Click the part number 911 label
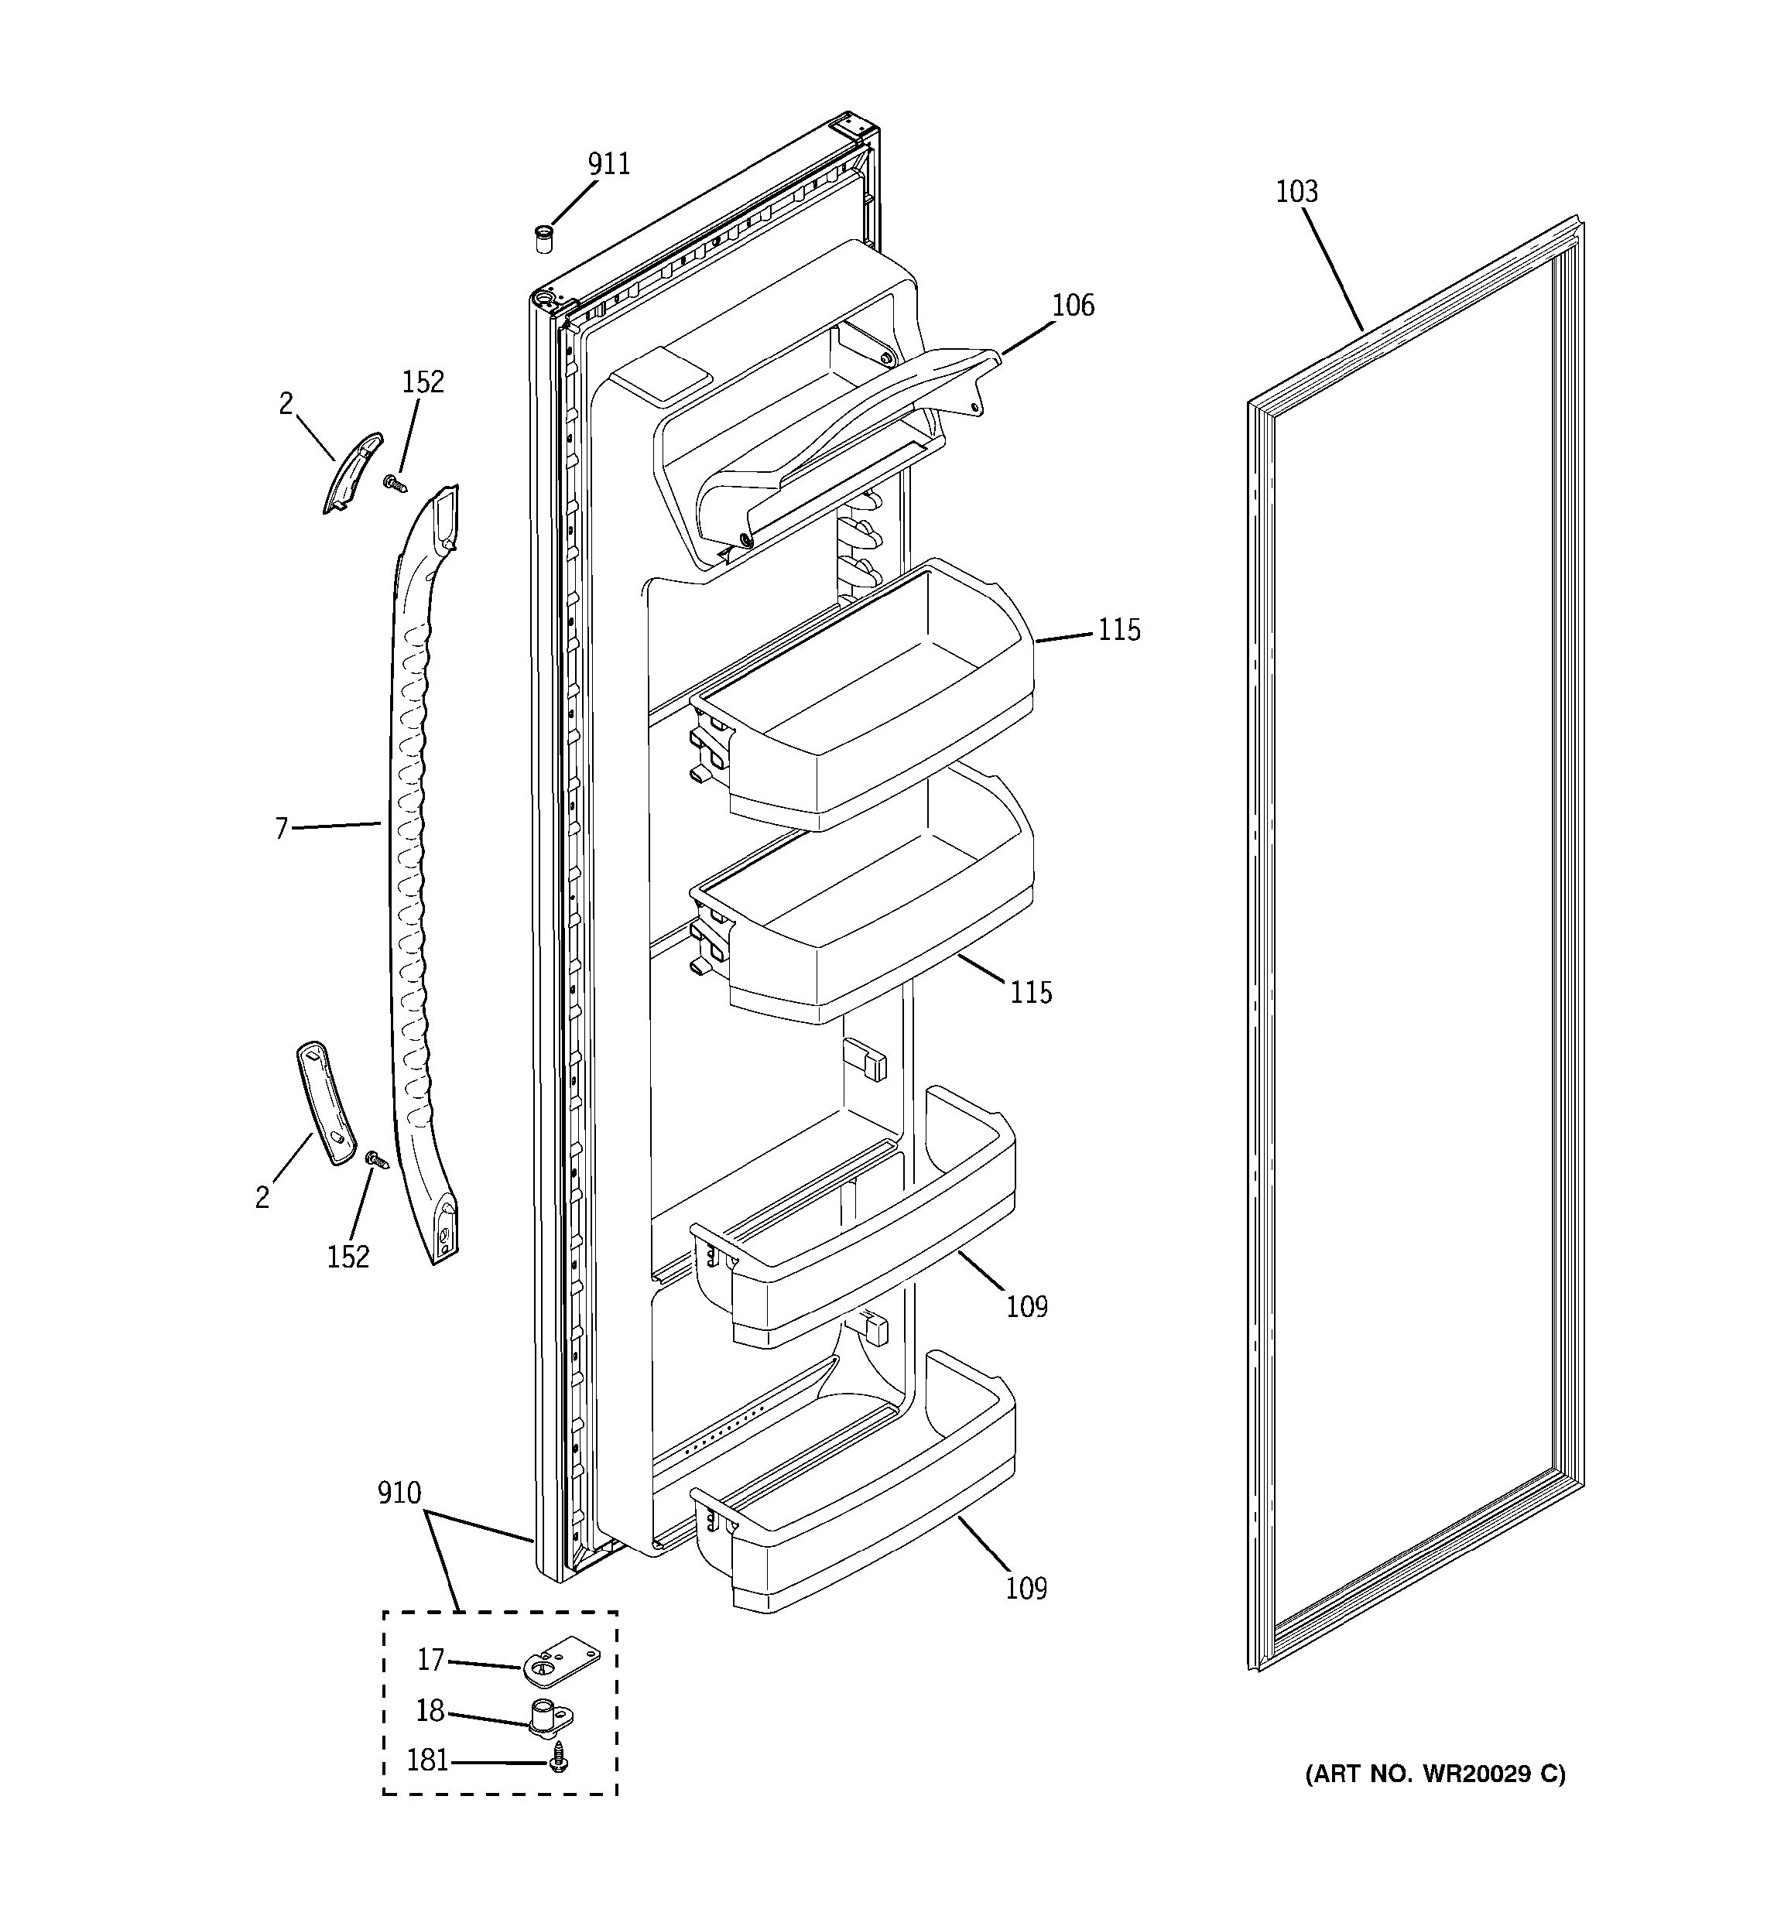[609, 165]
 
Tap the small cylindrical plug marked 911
[543, 238]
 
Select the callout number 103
[1296, 192]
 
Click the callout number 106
[1073, 306]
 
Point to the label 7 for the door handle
[282, 828]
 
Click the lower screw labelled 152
[376, 1162]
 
